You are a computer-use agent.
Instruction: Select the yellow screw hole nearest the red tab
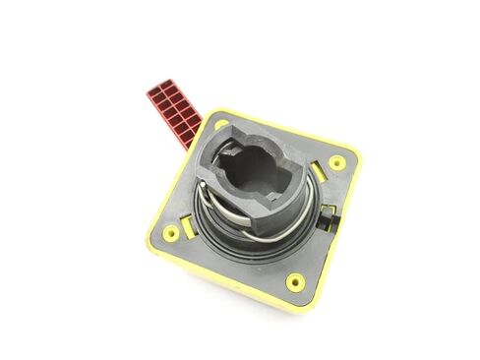pyautogui.click(x=221, y=125)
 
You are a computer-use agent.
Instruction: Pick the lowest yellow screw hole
pyautogui.click(x=295, y=281)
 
